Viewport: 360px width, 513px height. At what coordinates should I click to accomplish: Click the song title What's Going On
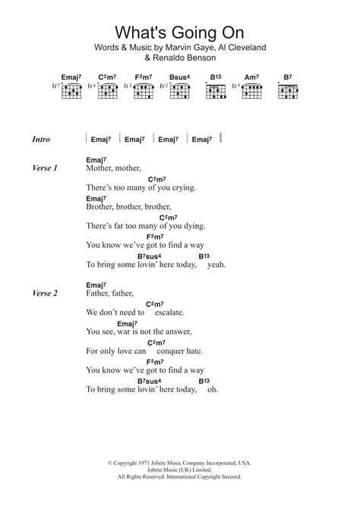[x=180, y=32]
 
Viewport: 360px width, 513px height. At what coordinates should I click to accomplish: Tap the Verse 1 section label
[x=46, y=167]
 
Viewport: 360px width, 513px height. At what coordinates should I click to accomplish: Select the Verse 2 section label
[x=46, y=293]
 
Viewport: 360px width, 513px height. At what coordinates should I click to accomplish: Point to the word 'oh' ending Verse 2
[x=213, y=390]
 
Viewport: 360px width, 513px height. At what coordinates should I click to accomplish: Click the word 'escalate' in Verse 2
[x=167, y=312]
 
